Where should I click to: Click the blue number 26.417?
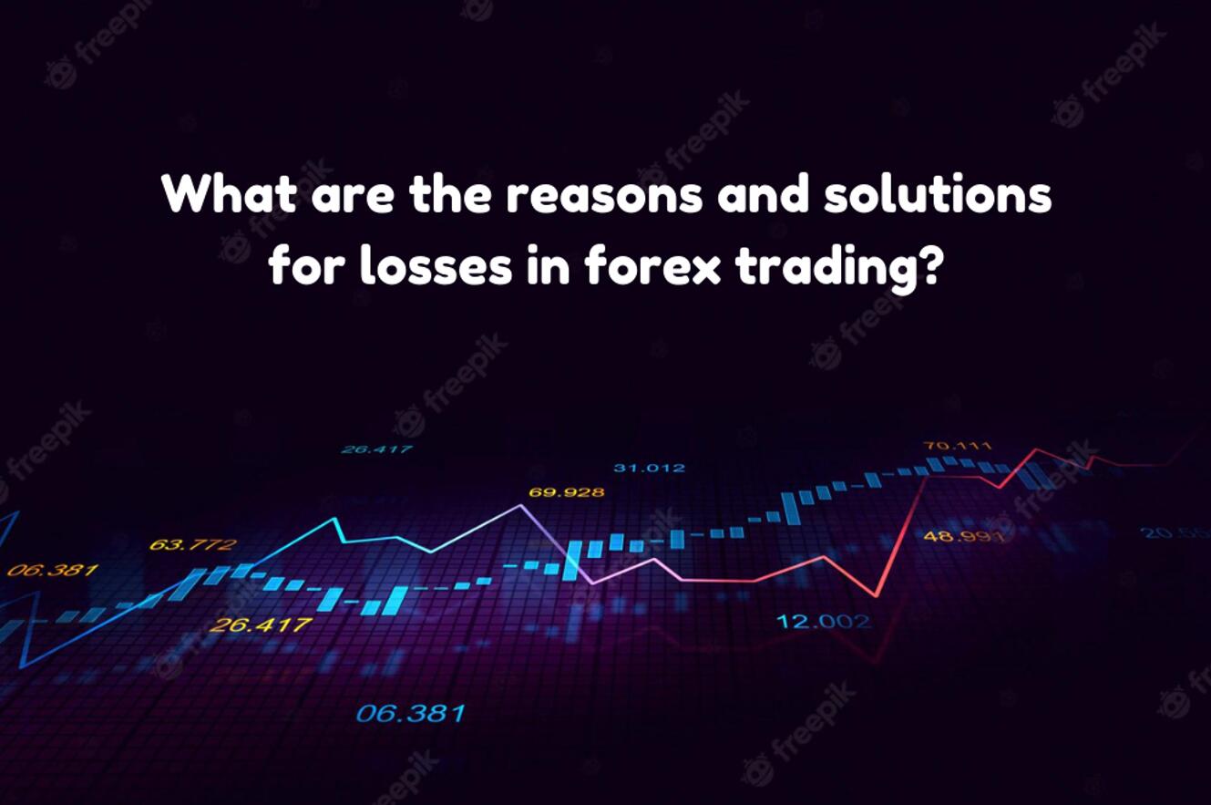coord(376,449)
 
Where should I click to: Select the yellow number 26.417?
coord(260,625)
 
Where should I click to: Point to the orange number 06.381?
coord(52,571)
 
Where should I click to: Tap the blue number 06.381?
coord(410,712)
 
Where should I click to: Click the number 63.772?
coord(191,545)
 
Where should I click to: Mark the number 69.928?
coord(566,492)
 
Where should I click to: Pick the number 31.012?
coord(649,468)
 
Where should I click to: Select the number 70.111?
coord(957,446)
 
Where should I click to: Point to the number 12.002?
coord(823,622)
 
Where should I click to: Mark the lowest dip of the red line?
coord(877,596)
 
